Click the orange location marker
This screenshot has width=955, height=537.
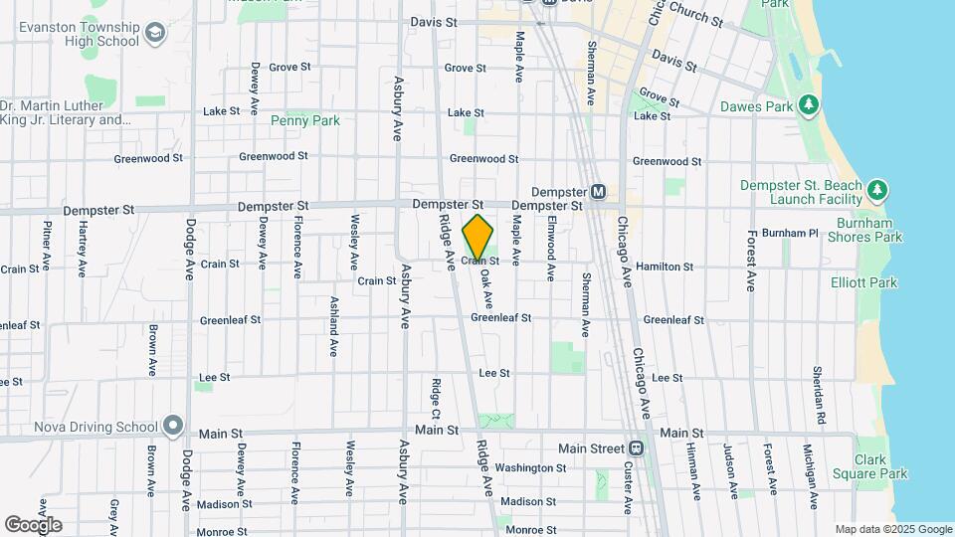pyautogui.click(x=477, y=237)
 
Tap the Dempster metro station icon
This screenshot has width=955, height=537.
pyautogui.click(x=598, y=192)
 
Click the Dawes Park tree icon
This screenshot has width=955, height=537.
pyautogui.click(x=810, y=104)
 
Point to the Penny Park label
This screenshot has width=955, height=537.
pyautogui.click(x=305, y=120)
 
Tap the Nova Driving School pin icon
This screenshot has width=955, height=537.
pyautogui.click(x=173, y=427)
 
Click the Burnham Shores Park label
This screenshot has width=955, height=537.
pyautogui.click(x=856, y=229)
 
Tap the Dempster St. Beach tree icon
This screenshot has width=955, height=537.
pyautogui.click(x=876, y=190)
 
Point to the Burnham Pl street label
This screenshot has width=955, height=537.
pyautogui.click(x=793, y=233)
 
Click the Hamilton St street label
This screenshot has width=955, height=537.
pyautogui.click(x=665, y=267)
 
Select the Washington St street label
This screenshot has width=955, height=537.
pyautogui.click(x=530, y=467)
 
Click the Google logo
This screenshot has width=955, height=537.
pyautogui.click(x=33, y=524)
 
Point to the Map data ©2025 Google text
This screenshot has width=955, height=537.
pyautogui.click(x=892, y=529)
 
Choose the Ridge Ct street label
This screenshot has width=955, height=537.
pyautogui.click(x=436, y=398)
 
